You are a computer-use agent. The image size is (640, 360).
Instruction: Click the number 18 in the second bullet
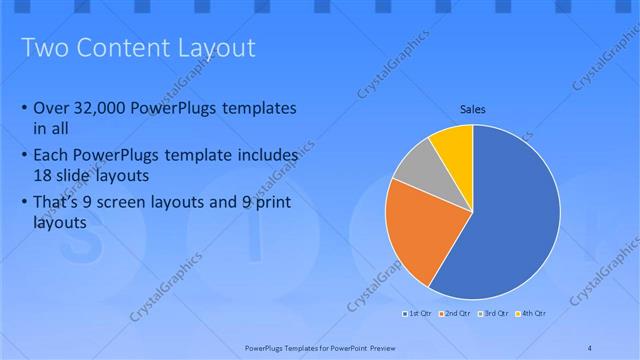point(45,174)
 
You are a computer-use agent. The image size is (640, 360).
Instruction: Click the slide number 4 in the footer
point(590,346)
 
